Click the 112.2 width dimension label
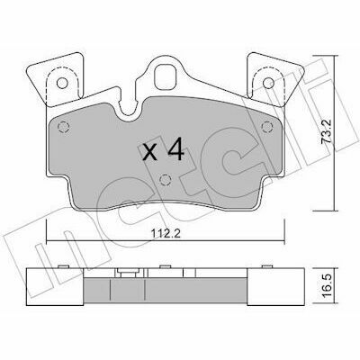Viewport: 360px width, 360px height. point(166,233)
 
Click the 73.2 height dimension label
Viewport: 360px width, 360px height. point(326,132)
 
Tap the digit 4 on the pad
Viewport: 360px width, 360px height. point(175,149)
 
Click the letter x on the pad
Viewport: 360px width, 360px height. point(149,152)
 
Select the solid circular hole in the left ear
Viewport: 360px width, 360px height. point(62,83)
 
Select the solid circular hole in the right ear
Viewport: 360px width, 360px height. point(268,83)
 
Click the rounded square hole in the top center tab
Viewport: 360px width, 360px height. point(166,77)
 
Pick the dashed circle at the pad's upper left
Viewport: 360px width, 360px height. point(63,128)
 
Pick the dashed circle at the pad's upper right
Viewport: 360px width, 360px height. point(267,127)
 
